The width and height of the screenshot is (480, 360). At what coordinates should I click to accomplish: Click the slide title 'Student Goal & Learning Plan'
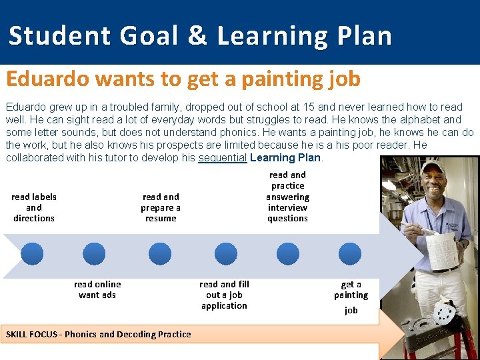[x=200, y=35]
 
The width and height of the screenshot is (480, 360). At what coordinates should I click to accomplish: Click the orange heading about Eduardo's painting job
[x=183, y=79]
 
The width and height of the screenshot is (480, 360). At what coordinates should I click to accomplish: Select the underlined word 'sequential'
[x=223, y=158]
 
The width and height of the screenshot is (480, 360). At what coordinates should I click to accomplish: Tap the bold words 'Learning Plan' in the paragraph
[x=285, y=158]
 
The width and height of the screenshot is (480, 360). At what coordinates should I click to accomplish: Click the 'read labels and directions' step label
[x=34, y=207]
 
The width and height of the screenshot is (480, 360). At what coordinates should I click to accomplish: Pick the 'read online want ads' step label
[x=97, y=289]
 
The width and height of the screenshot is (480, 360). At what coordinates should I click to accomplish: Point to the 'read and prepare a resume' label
[x=161, y=207]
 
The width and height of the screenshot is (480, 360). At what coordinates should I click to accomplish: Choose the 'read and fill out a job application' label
[x=224, y=295]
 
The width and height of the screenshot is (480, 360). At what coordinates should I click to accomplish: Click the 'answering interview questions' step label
[x=288, y=197]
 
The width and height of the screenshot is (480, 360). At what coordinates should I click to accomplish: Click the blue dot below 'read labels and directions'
[x=32, y=254]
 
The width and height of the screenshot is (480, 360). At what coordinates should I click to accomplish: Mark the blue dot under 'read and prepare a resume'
[x=160, y=254]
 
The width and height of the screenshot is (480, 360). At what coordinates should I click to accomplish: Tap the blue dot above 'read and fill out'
[x=224, y=254]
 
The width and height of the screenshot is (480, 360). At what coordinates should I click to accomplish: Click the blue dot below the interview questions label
[x=288, y=254]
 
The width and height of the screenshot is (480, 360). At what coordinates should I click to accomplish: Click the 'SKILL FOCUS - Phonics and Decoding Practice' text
[x=98, y=334]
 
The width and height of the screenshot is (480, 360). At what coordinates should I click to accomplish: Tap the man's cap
[x=433, y=167]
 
